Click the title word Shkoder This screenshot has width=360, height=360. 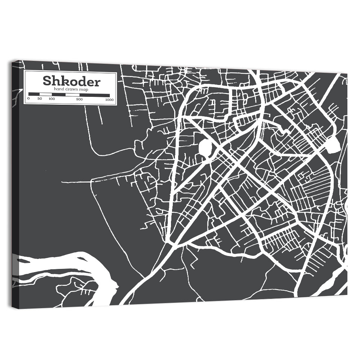click(x=71, y=81)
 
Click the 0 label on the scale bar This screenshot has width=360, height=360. click(x=29, y=99)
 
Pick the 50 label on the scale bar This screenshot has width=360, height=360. click(x=40, y=99)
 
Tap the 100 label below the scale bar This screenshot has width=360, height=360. click(x=52, y=99)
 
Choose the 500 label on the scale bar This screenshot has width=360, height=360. click(x=80, y=99)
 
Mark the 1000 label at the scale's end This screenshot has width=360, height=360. click(x=109, y=99)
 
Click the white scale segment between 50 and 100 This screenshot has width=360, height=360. click(x=46, y=94)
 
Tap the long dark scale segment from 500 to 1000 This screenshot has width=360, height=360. click(x=94, y=95)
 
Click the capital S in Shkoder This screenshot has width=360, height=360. click(x=47, y=81)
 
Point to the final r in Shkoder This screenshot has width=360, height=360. click(x=97, y=82)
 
